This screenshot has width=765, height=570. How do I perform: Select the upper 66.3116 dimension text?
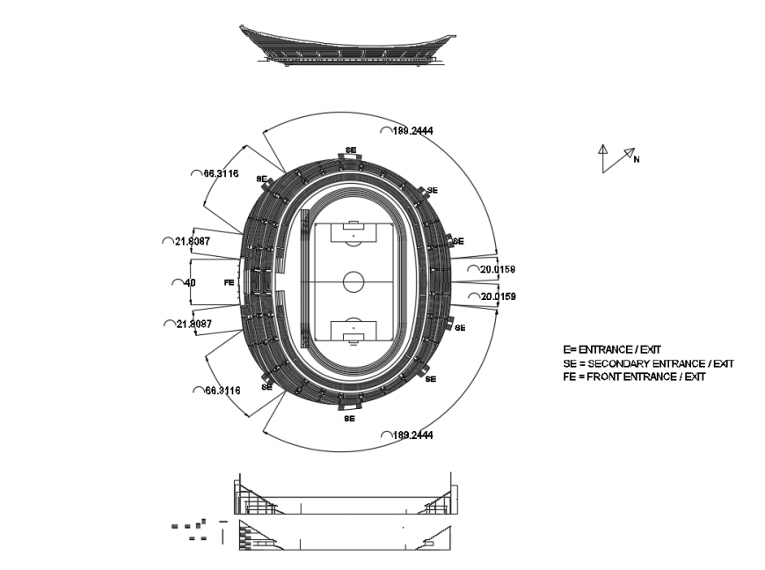[221, 173]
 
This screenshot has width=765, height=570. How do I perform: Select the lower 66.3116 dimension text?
[221, 390]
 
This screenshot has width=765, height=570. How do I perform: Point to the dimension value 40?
[189, 282]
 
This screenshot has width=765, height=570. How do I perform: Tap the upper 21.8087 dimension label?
[192, 241]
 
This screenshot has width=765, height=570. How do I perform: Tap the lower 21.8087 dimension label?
[193, 324]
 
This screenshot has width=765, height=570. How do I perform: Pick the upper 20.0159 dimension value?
[498, 269]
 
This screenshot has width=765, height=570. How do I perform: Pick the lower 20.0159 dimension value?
[498, 296]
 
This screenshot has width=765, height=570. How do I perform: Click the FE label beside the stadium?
[229, 282]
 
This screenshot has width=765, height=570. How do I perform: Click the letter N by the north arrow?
[637, 159]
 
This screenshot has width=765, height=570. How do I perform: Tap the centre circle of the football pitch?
[353, 281]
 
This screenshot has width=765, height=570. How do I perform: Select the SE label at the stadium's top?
[350, 150]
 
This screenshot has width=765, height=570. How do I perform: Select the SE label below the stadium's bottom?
[350, 419]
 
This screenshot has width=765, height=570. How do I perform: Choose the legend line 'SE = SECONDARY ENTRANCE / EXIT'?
[648, 363]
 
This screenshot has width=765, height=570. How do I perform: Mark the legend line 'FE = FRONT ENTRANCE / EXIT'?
[634, 376]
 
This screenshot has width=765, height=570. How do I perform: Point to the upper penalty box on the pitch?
[353, 233]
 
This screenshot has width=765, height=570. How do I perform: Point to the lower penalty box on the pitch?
[353, 332]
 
